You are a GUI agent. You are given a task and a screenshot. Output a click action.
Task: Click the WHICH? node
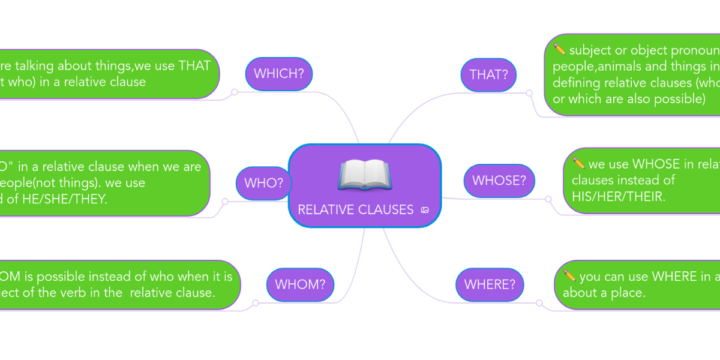pyautogui.click(x=278, y=74)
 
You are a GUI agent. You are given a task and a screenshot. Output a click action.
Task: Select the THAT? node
pyautogui.click(x=488, y=75)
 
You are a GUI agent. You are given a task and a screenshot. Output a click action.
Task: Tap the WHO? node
pyautogui.click(x=263, y=183)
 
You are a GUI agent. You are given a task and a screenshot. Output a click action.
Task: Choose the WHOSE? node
pyautogui.click(x=499, y=181)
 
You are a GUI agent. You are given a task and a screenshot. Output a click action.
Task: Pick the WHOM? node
pyautogui.click(x=300, y=284)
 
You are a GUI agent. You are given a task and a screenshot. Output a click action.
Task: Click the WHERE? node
pyautogui.click(x=490, y=284)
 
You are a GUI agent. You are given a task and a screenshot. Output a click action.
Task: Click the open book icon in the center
pyautogui.click(x=364, y=175)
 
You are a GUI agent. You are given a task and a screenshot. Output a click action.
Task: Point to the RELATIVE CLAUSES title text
pyautogui.click(x=355, y=210)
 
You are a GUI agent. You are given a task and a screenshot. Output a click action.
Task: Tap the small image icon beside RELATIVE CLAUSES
pyautogui.click(x=425, y=210)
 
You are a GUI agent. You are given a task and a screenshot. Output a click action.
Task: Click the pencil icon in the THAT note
pyautogui.click(x=559, y=49)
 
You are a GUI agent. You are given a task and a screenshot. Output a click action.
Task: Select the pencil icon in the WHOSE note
pyautogui.click(x=578, y=163)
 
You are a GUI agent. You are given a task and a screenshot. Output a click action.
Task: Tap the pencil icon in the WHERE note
pyautogui.click(x=570, y=276)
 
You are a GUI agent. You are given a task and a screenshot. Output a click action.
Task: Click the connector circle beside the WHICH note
pyautogui.click(x=235, y=92)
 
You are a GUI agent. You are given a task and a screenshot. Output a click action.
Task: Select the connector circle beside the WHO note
pyautogui.click(x=225, y=202)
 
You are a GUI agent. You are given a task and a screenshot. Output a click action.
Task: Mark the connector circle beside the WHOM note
pyautogui.click(x=256, y=303)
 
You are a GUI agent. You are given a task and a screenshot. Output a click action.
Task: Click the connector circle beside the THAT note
pyautogui.click(x=529, y=93)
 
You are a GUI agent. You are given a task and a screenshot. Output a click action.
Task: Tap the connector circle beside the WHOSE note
pyautogui.click(x=548, y=199)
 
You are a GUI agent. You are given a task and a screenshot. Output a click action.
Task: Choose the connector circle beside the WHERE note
pyautogui.click(x=539, y=302)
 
